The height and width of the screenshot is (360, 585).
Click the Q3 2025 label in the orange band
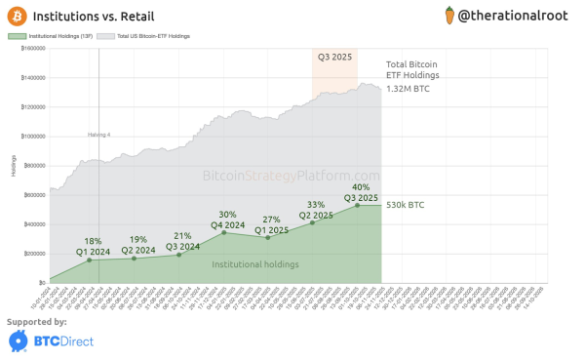(x=335, y=57)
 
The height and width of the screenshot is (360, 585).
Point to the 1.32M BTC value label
(x=408, y=89)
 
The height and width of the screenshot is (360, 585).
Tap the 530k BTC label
(x=406, y=205)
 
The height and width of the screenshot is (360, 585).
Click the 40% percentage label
(x=361, y=186)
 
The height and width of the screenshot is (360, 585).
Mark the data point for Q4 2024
(x=225, y=232)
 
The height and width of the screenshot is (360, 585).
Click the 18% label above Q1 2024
(x=94, y=240)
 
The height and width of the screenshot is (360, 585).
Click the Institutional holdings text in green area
(x=256, y=263)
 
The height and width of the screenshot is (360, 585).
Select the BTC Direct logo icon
(x=18, y=340)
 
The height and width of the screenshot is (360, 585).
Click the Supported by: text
(x=37, y=321)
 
